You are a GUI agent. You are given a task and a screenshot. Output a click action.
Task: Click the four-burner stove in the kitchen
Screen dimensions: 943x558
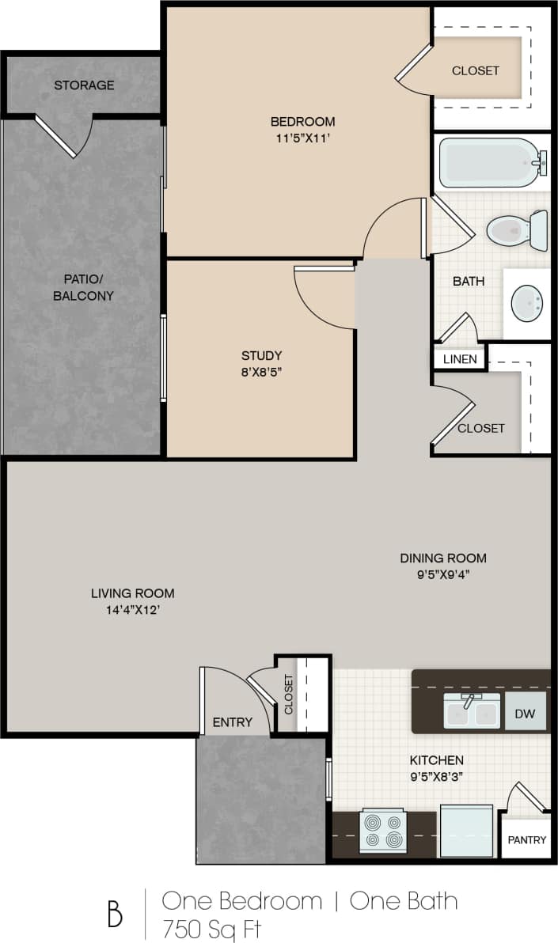tap(383, 831)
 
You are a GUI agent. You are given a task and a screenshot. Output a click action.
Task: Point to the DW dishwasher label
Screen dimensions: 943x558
tap(525, 714)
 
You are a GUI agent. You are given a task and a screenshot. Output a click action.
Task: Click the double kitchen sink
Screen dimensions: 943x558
tap(472, 713)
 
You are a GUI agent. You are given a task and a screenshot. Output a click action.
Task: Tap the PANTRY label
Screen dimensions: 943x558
tap(526, 839)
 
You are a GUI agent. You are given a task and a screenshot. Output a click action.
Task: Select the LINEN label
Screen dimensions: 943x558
tap(460, 359)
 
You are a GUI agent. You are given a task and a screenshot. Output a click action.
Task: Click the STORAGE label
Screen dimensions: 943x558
tap(84, 85)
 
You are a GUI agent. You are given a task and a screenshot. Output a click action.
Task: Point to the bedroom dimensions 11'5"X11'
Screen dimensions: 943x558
tap(303, 138)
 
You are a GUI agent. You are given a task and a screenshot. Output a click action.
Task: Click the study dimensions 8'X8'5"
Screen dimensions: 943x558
tap(262, 372)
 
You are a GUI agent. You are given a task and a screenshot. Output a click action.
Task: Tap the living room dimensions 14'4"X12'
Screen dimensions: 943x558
tap(132, 610)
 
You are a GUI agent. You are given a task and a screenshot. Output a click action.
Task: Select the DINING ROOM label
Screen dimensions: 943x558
tap(442, 558)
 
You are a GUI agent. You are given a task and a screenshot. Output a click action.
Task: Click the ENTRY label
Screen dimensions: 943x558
tap(233, 722)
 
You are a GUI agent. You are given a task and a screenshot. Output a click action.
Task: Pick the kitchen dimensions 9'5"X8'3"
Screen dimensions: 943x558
tap(435, 776)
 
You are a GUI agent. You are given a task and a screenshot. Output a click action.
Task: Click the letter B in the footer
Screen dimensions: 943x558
tap(116, 915)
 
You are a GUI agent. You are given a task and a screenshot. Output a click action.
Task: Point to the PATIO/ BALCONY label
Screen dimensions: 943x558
tap(83, 287)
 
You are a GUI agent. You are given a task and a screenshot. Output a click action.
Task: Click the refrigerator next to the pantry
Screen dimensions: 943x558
tap(466, 831)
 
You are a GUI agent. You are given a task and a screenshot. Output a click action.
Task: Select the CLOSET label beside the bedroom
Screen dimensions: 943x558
tap(476, 70)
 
